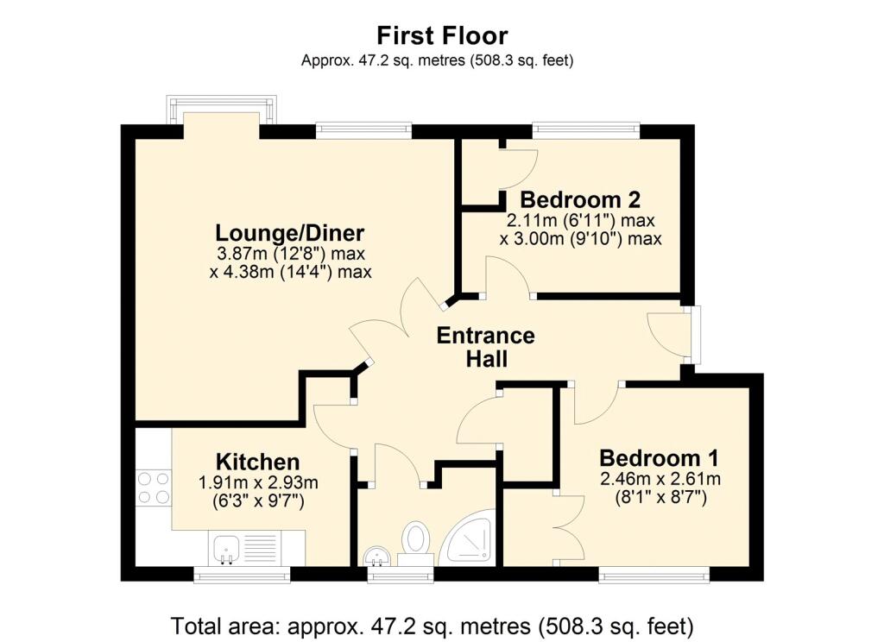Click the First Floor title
[x=442, y=35]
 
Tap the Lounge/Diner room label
[x=290, y=233]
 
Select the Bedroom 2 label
[x=580, y=199]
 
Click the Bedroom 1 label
[x=659, y=457]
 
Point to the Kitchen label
[x=257, y=462]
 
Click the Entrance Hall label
[x=485, y=347]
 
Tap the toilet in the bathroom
[x=417, y=541]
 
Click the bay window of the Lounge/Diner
[x=222, y=110]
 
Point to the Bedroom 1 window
[x=654, y=574]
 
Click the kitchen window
[x=241, y=574]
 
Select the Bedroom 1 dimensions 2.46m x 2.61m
[x=659, y=480]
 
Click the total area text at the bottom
[x=432, y=624]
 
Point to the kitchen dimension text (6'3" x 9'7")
[x=257, y=500]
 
